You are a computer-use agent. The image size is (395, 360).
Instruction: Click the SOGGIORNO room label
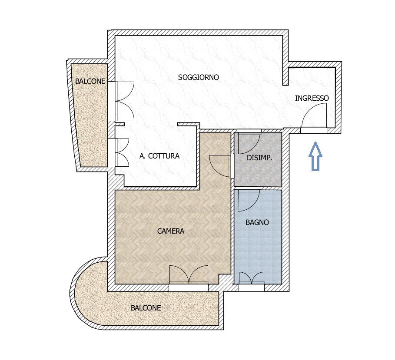click(198, 77)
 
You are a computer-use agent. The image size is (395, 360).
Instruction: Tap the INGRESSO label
click(312, 98)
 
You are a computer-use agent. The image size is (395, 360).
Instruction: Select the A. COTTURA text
click(159, 156)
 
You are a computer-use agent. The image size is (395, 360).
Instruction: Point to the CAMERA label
click(170, 231)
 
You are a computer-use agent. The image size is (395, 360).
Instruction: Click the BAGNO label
click(257, 222)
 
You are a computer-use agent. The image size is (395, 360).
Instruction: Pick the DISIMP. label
click(259, 158)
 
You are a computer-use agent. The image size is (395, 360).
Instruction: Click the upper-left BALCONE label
click(90, 81)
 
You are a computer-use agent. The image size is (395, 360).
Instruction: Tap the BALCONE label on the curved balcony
click(146, 307)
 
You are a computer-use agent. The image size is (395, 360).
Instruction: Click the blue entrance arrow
click(315, 156)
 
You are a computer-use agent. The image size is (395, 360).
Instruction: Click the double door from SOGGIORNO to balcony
click(124, 101)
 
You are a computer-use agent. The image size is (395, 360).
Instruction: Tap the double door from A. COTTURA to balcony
click(122, 152)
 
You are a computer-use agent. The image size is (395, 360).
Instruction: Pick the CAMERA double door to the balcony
click(189, 274)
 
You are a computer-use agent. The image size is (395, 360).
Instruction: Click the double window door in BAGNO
click(252, 278)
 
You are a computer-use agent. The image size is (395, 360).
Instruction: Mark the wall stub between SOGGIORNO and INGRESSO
click(285, 60)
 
